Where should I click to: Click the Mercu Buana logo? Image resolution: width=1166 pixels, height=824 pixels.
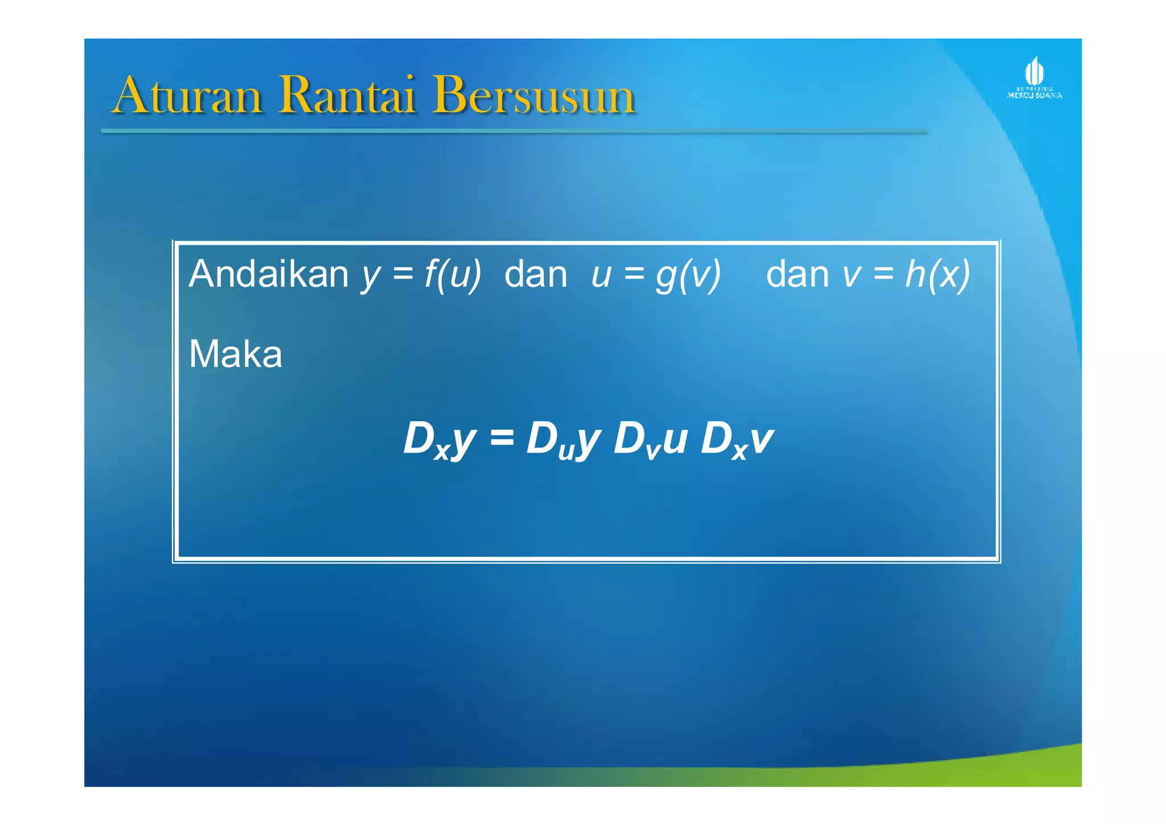click(1034, 79)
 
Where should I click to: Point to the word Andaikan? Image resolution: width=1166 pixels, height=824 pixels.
click(268, 274)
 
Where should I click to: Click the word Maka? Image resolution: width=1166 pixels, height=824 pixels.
click(235, 354)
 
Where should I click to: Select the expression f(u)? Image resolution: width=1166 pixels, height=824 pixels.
click(453, 274)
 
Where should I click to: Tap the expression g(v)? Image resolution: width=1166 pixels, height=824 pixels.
click(688, 274)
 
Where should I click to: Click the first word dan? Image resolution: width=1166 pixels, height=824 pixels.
click(536, 274)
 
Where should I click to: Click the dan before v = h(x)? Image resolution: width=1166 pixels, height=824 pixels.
click(797, 274)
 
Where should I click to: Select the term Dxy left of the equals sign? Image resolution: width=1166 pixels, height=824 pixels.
click(439, 440)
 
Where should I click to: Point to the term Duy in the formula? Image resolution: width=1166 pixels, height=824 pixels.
click(563, 440)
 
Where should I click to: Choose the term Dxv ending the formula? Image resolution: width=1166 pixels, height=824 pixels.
click(737, 440)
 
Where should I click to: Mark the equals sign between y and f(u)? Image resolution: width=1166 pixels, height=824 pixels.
click(403, 275)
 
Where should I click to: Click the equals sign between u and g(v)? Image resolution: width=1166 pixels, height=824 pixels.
click(634, 275)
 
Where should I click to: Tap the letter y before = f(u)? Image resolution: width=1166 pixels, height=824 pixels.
click(371, 276)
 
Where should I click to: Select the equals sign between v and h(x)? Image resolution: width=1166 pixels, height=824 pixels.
click(883, 275)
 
